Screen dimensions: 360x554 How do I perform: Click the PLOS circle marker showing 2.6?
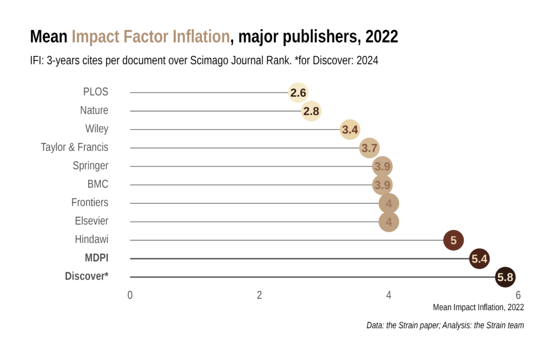tap(298, 93)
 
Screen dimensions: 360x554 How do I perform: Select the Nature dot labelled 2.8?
tap(311, 111)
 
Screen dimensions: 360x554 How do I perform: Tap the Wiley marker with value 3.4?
tap(350, 130)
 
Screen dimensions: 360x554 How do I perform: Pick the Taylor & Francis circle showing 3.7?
tap(370, 148)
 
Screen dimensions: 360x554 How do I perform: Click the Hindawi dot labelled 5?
tap(453, 240)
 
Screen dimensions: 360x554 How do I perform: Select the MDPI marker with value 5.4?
tap(479, 259)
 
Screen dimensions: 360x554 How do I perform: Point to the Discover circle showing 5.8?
tap(505, 277)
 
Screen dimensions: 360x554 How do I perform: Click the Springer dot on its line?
tap(382, 166)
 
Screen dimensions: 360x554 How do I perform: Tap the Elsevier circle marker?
tap(388, 222)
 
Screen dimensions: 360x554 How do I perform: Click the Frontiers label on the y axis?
tap(90, 203)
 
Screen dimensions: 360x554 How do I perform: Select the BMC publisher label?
tap(98, 184)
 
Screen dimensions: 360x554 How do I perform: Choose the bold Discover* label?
tap(87, 276)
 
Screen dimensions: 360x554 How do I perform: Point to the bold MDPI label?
tap(96, 258)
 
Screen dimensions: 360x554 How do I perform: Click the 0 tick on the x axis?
tap(130, 295)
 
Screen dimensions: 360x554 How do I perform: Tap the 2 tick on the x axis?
tap(259, 295)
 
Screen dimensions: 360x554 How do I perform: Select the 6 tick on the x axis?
tap(518, 295)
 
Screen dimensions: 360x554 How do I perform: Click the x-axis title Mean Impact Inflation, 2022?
tap(478, 308)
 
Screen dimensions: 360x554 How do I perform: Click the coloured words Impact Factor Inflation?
tap(151, 37)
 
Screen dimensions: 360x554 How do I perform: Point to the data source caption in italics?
tap(445, 325)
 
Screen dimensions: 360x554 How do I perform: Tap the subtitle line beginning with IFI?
tap(204, 61)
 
